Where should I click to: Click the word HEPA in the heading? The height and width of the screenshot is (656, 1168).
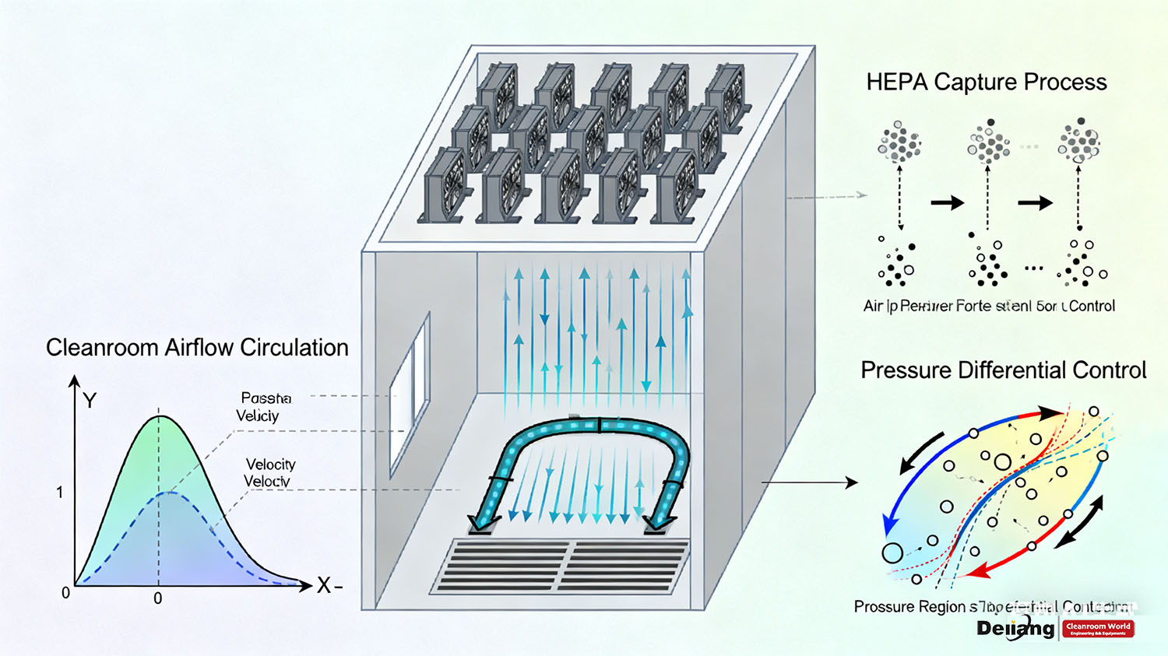(x=896, y=82)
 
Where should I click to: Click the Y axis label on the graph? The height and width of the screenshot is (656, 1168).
(x=90, y=401)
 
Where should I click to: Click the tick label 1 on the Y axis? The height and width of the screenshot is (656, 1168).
(x=59, y=493)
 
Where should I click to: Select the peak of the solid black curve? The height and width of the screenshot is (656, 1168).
(x=160, y=417)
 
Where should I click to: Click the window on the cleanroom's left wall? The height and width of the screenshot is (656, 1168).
(x=410, y=393)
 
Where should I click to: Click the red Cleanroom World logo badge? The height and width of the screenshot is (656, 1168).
(x=1098, y=629)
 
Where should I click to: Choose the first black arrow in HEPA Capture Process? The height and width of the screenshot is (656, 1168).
(x=947, y=203)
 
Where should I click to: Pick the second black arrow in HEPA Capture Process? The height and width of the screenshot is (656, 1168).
(x=1035, y=203)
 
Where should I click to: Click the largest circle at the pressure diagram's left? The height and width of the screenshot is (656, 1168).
(x=892, y=553)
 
